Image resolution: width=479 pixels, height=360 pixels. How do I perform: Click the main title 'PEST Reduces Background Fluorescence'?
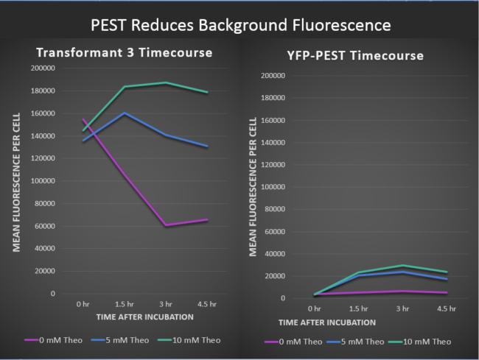pyautogui.click(x=239, y=25)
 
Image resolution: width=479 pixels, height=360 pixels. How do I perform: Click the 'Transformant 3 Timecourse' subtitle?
pyautogui.click(x=125, y=53)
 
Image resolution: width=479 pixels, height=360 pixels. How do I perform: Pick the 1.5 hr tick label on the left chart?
pyautogui.click(x=124, y=303)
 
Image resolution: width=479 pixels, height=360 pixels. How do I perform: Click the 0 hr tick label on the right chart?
pyautogui.click(x=315, y=309)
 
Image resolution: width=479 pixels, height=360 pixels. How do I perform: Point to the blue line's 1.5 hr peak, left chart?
pyautogui.click(x=124, y=113)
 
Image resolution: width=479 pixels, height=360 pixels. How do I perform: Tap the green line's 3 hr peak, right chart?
pyautogui.click(x=403, y=265)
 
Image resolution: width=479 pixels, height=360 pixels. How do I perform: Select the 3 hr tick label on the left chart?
pyautogui.click(x=166, y=303)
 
